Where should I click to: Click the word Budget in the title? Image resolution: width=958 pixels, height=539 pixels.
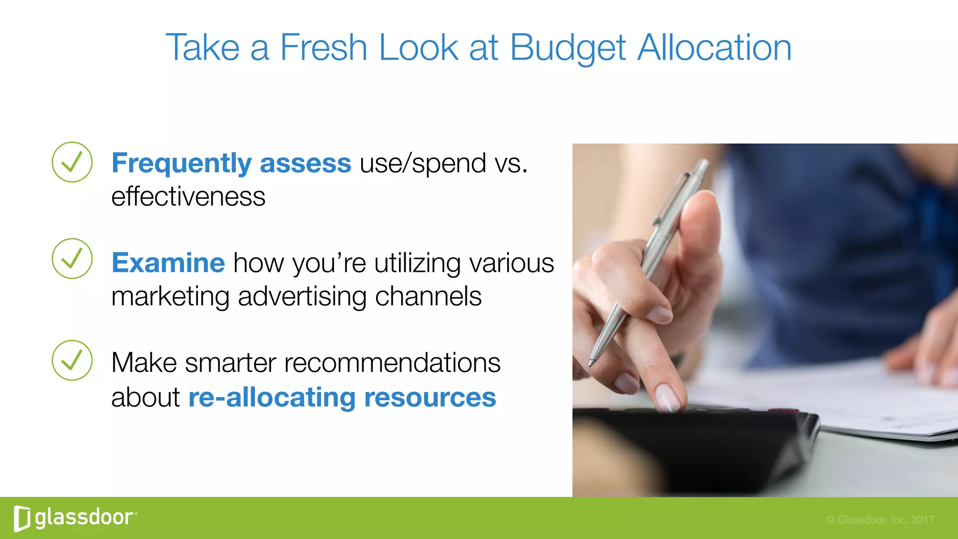coord(567,48)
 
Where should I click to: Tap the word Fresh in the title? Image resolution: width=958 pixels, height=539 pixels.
coord(323,48)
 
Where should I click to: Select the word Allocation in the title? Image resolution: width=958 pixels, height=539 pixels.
coord(714,48)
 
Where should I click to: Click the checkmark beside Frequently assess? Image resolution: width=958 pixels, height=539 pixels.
coord(72,162)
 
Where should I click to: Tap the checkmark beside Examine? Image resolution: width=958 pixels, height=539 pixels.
coord(72,259)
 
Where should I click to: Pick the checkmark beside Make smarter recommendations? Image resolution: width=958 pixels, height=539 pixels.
coord(72,360)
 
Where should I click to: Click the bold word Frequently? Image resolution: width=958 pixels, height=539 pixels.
coord(181,164)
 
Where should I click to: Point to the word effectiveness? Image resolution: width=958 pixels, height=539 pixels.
coord(188,197)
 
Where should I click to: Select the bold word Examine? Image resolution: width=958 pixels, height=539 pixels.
coord(168,263)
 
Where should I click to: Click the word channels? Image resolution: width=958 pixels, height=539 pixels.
coord(428,297)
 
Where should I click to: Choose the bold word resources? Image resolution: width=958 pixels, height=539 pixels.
coord(430,398)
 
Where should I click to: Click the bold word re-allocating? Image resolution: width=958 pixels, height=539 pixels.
coord(272,398)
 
